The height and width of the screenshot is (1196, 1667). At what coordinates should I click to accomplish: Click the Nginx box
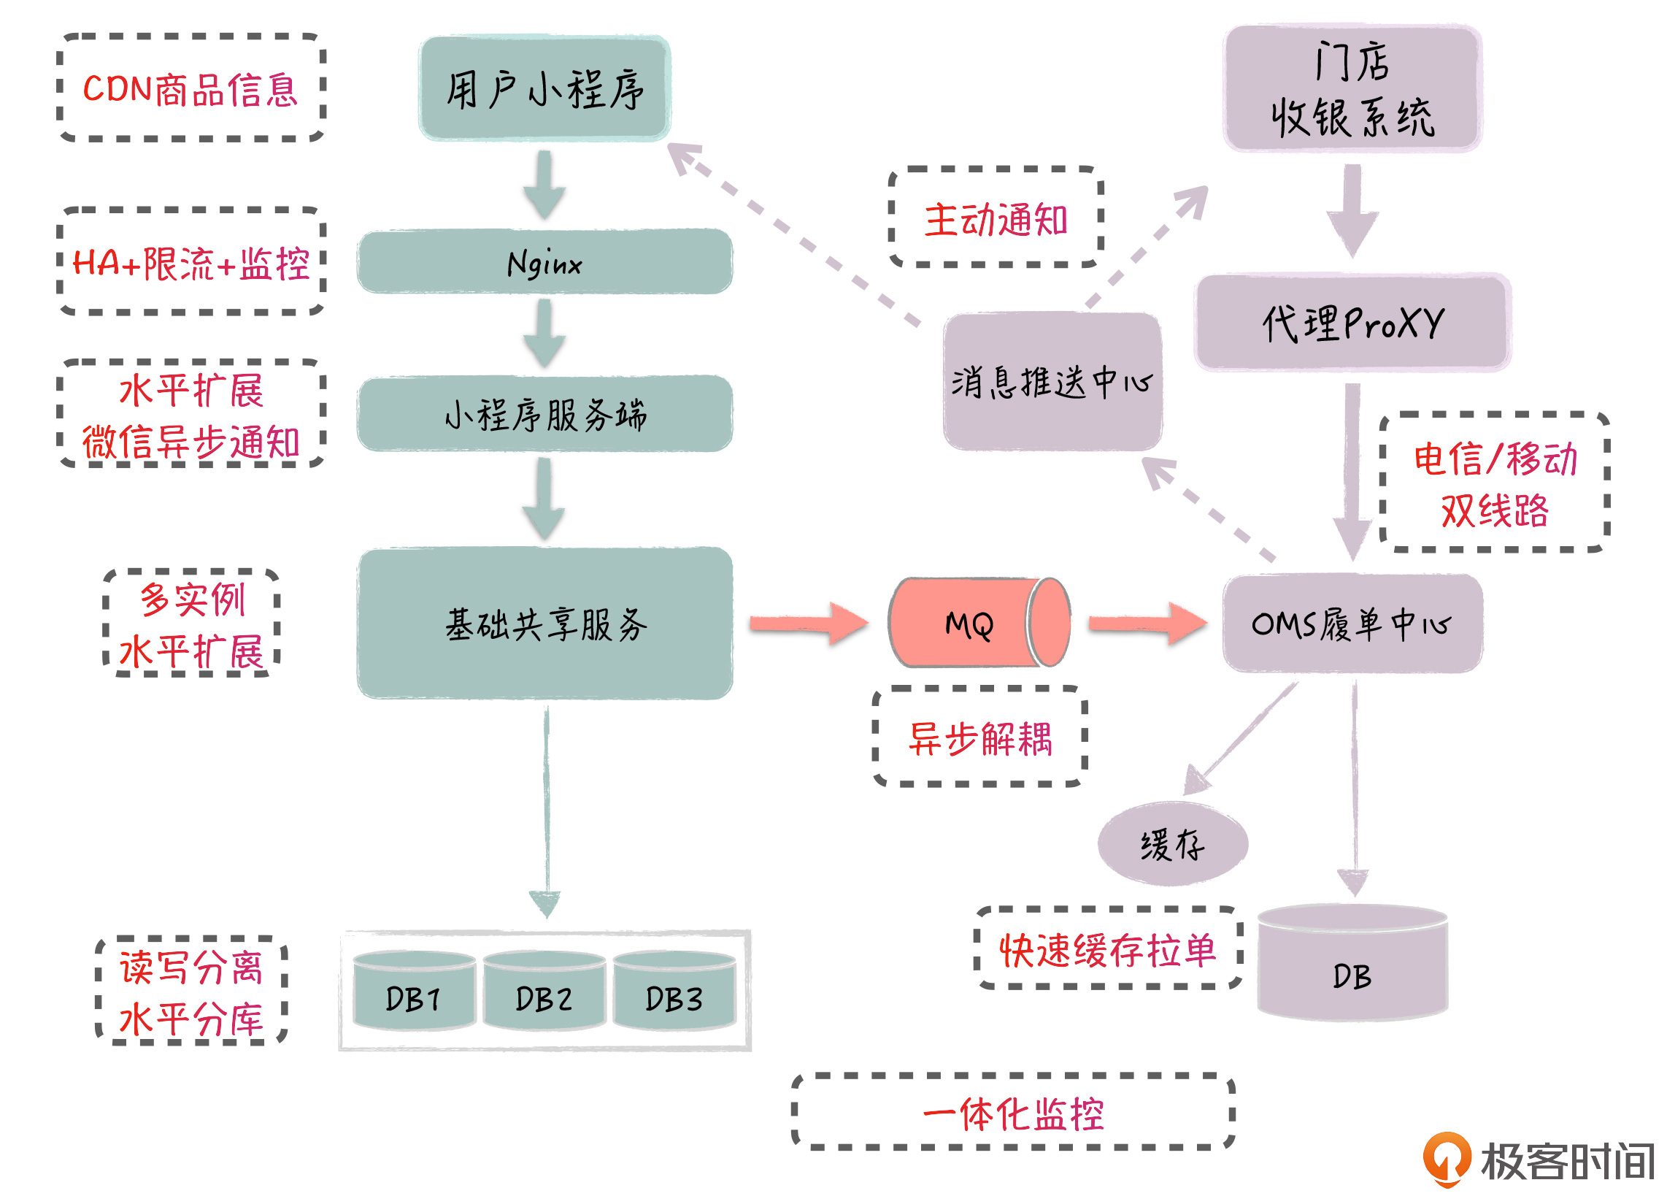(x=544, y=261)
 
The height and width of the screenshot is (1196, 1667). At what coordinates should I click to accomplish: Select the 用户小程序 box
(x=544, y=88)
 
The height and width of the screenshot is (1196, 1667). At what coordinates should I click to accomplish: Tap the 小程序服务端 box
(x=544, y=414)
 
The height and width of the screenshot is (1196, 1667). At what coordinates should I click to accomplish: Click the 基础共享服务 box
(x=544, y=624)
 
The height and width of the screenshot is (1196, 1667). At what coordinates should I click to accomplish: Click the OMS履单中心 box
(x=1352, y=624)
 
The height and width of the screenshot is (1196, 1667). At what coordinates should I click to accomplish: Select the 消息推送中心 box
(x=1052, y=382)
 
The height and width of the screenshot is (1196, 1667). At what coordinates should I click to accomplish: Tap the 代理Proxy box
(x=1352, y=322)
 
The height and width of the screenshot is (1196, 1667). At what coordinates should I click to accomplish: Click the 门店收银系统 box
(x=1352, y=88)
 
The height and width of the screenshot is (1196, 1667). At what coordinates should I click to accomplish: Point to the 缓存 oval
(x=1172, y=844)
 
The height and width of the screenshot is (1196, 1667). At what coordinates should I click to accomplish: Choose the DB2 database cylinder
(x=544, y=992)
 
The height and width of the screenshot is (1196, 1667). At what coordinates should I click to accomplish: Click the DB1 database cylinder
(x=414, y=992)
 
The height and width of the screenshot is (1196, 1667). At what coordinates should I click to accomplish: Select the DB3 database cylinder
(x=674, y=992)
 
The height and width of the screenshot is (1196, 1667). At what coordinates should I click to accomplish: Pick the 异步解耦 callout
(x=979, y=737)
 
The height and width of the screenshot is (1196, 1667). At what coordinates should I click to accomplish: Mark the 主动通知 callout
(x=996, y=218)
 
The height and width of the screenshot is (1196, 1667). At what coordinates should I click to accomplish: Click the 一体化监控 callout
(x=1013, y=1113)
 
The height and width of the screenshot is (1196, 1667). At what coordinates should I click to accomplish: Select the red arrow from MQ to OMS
(x=1147, y=624)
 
